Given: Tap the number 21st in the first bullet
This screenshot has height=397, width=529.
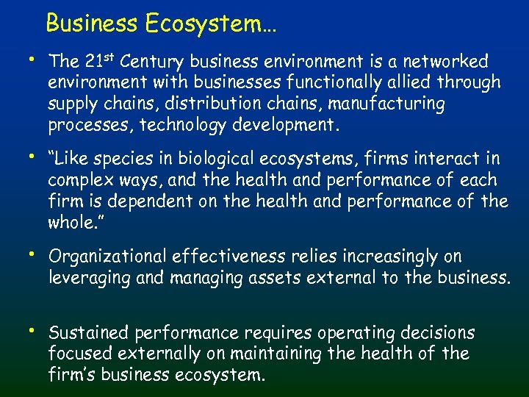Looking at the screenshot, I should click(x=97, y=60).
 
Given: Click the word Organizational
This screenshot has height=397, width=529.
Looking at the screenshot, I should click(x=107, y=257).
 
